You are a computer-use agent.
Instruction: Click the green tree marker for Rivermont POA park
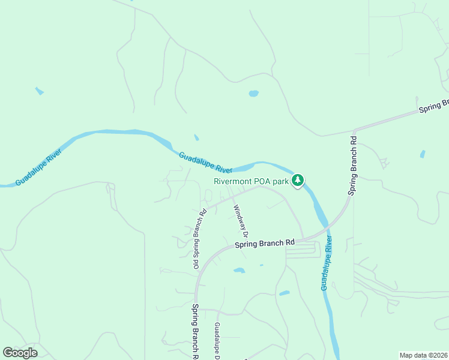298,180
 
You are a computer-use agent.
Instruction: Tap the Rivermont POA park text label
250,181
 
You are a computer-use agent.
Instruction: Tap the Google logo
20,353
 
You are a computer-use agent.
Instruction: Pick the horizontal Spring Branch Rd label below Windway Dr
265,243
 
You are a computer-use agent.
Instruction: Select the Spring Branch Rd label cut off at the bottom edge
195,332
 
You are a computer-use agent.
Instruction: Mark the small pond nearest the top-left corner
40,91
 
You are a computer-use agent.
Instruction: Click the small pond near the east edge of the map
423,154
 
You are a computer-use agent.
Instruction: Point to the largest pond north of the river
253,94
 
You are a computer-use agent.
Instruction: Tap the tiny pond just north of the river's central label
196,137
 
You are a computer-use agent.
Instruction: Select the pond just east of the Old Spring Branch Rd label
239,271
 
